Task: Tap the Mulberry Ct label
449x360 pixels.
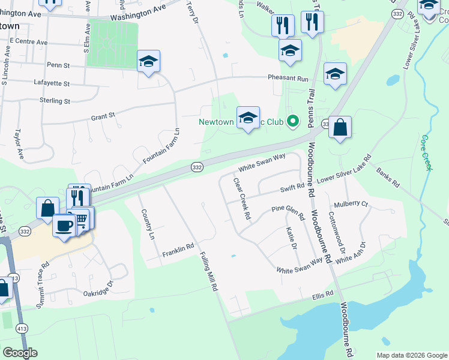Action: pyautogui.click(x=351, y=205)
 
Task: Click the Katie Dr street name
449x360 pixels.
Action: pyautogui.click(x=292, y=238)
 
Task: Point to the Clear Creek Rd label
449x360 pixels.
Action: pyautogui.click(x=241, y=199)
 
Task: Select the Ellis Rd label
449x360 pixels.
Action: pyautogui.click(x=322, y=297)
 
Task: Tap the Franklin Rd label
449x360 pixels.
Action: pyautogui.click(x=178, y=251)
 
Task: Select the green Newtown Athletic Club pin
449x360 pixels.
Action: pyautogui.click(x=293, y=122)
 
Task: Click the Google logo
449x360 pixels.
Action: pyautogui.click(x=20, y=353)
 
